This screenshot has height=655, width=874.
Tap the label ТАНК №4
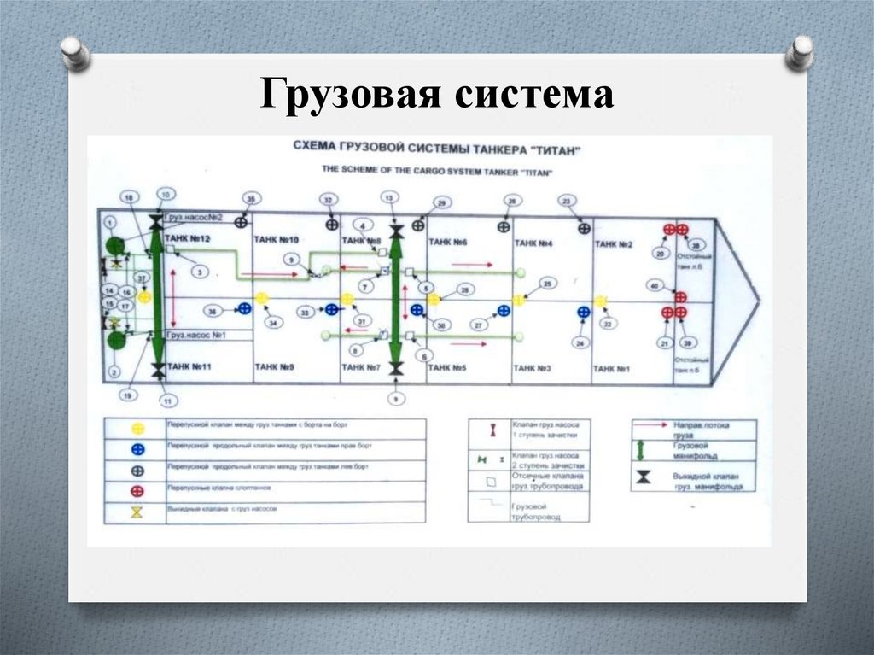(533, 243)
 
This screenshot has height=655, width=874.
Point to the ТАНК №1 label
(611, 368)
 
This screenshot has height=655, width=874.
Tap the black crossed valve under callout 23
(585, 228)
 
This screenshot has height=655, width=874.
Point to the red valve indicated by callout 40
(680, 297)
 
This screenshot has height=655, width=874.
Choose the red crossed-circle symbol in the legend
(137, 491)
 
